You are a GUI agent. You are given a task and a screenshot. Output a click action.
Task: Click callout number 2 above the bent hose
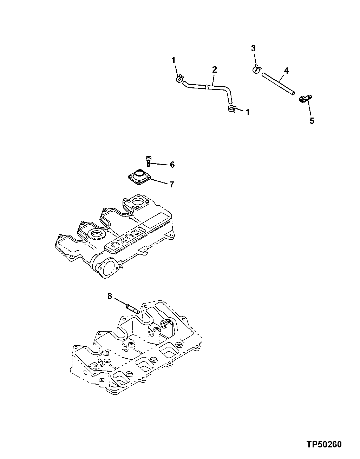(214, 69)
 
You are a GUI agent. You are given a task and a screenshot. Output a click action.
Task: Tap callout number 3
(254, 48)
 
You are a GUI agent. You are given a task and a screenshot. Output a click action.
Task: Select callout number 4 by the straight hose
(286, 71)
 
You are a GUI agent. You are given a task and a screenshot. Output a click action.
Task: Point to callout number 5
(312, 121)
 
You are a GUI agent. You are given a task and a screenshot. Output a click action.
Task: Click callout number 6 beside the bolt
(172, 165)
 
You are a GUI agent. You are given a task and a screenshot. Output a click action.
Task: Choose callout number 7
(171, 184)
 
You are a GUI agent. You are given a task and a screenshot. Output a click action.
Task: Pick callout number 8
(110, 297)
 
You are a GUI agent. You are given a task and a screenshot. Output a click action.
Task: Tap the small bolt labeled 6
(149, 161)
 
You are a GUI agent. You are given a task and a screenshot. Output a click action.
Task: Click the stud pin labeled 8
(133, 309)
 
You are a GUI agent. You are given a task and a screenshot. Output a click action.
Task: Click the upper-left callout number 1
(174, 61)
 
